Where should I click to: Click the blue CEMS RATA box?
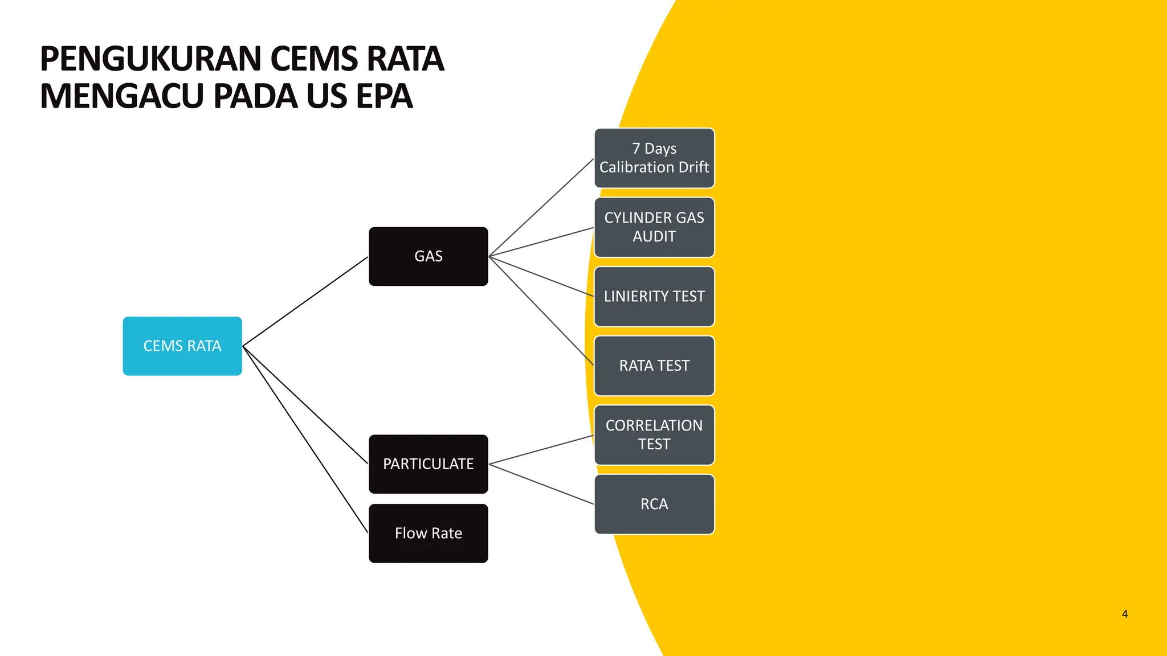click(182, 346)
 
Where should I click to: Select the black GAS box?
click(429, 256)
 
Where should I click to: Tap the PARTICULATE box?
click(429, 464)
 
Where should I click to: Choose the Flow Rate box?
click(429, 534)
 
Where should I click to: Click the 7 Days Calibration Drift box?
click(654, 158)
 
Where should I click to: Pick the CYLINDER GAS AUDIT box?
click(654, 227)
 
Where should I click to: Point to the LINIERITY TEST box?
click(654, 297)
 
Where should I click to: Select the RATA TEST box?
click(654, 366)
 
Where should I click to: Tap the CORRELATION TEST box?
click(654, 435)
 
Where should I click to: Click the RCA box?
click(654, 505)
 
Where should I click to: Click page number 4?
click(1124, 614)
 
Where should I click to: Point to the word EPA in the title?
click(383, 96)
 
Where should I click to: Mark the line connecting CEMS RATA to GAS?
click(305, 301)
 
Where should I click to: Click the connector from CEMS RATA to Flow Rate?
click(305, 440)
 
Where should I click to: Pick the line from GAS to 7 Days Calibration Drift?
click(541, 207)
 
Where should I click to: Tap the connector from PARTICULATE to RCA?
click(541, 484)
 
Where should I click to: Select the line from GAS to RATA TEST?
click(541, 311)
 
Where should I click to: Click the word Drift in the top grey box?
click(693, 167)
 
